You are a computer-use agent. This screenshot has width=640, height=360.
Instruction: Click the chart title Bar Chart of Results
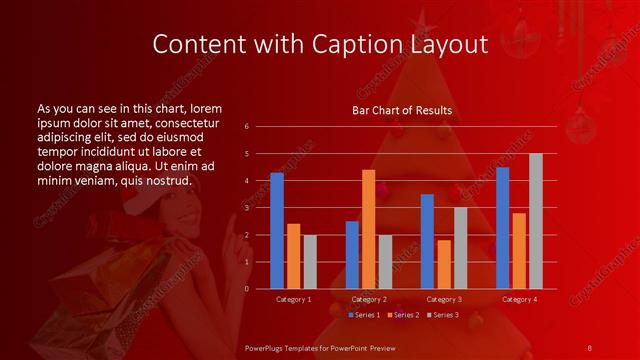(402, 110)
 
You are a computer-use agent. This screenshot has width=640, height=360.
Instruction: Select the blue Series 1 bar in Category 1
(277, 231)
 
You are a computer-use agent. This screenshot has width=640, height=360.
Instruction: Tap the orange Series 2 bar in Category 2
(368, 229)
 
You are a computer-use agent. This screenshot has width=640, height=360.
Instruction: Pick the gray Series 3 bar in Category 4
(536, 221)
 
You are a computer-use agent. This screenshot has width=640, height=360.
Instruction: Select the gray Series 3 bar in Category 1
(310, 262)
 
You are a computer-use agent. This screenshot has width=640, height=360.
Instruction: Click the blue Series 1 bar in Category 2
(352, 255)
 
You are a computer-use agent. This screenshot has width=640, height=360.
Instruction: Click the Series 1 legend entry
(363, 315)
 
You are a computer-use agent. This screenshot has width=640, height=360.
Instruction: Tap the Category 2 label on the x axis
(368, 299)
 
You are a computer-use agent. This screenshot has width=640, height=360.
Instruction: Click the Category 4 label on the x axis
(519, 299)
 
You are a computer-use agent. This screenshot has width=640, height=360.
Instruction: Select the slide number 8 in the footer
(589, 347)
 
